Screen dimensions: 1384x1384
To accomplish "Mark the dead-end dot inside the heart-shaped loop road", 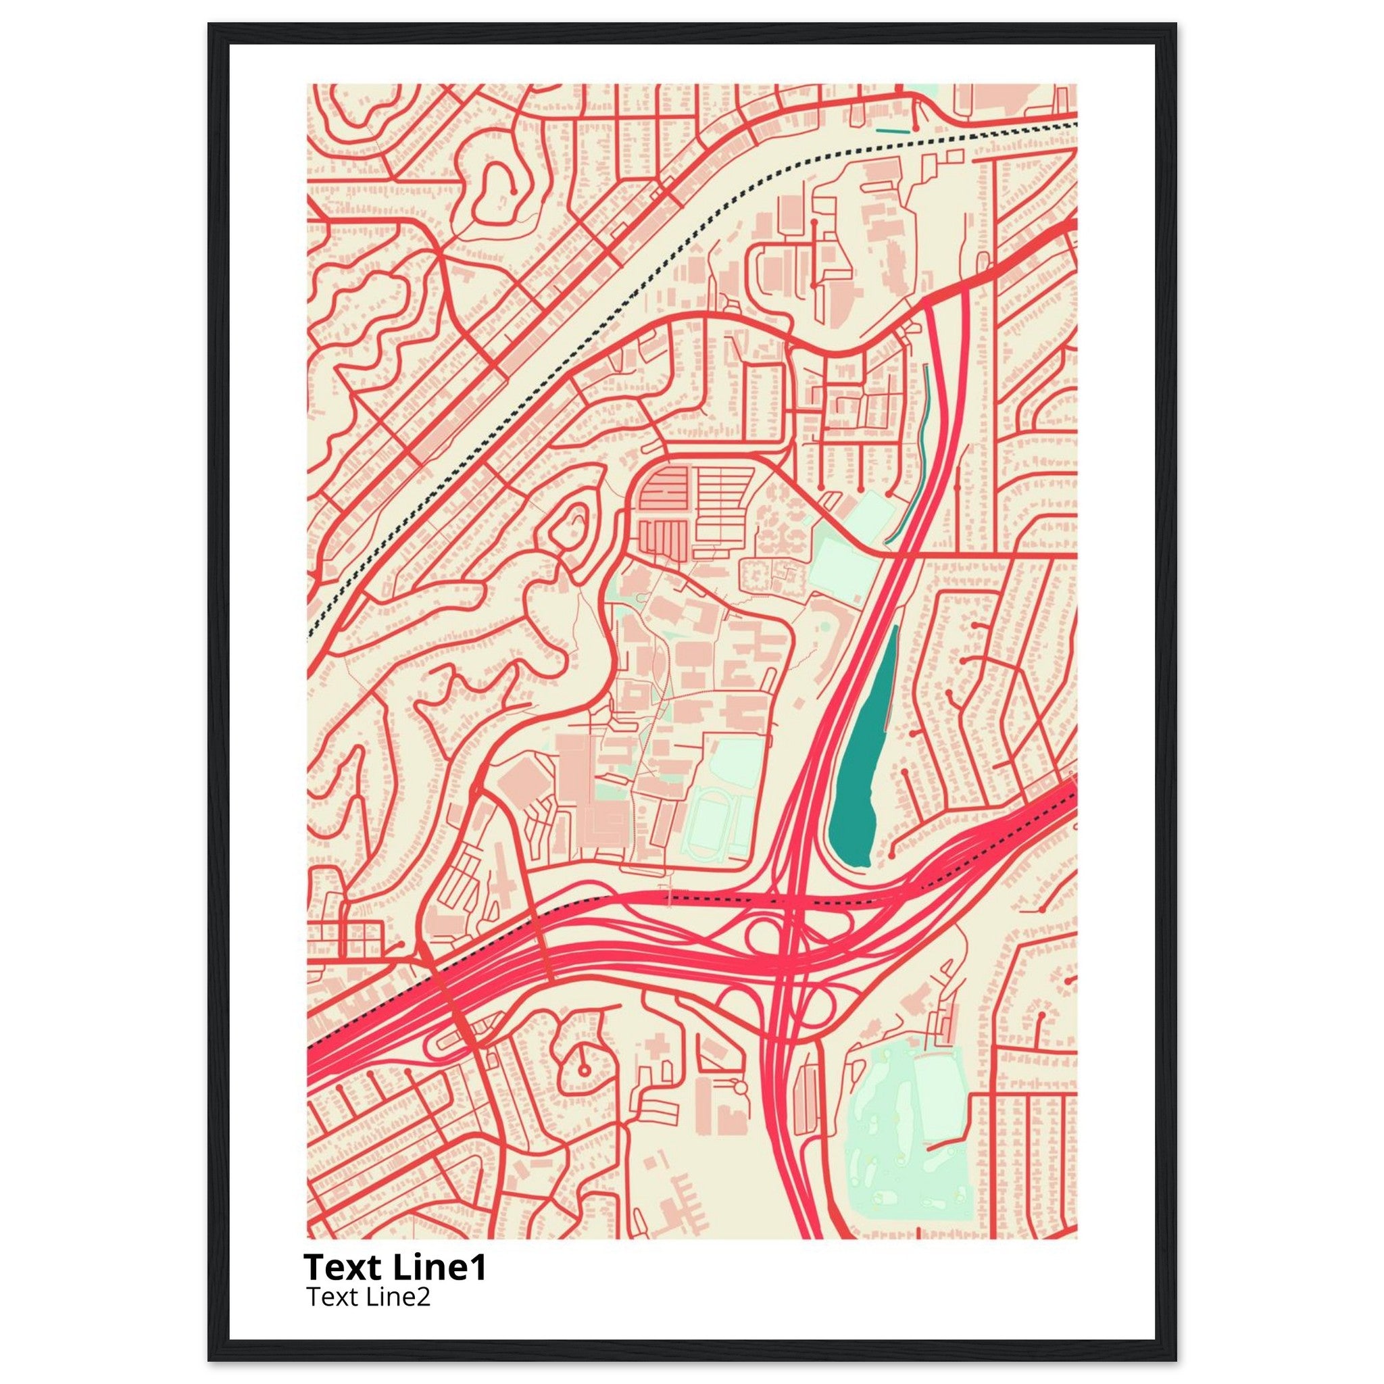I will pos(514,190).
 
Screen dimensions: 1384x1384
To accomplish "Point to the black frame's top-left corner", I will pos(210,24).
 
